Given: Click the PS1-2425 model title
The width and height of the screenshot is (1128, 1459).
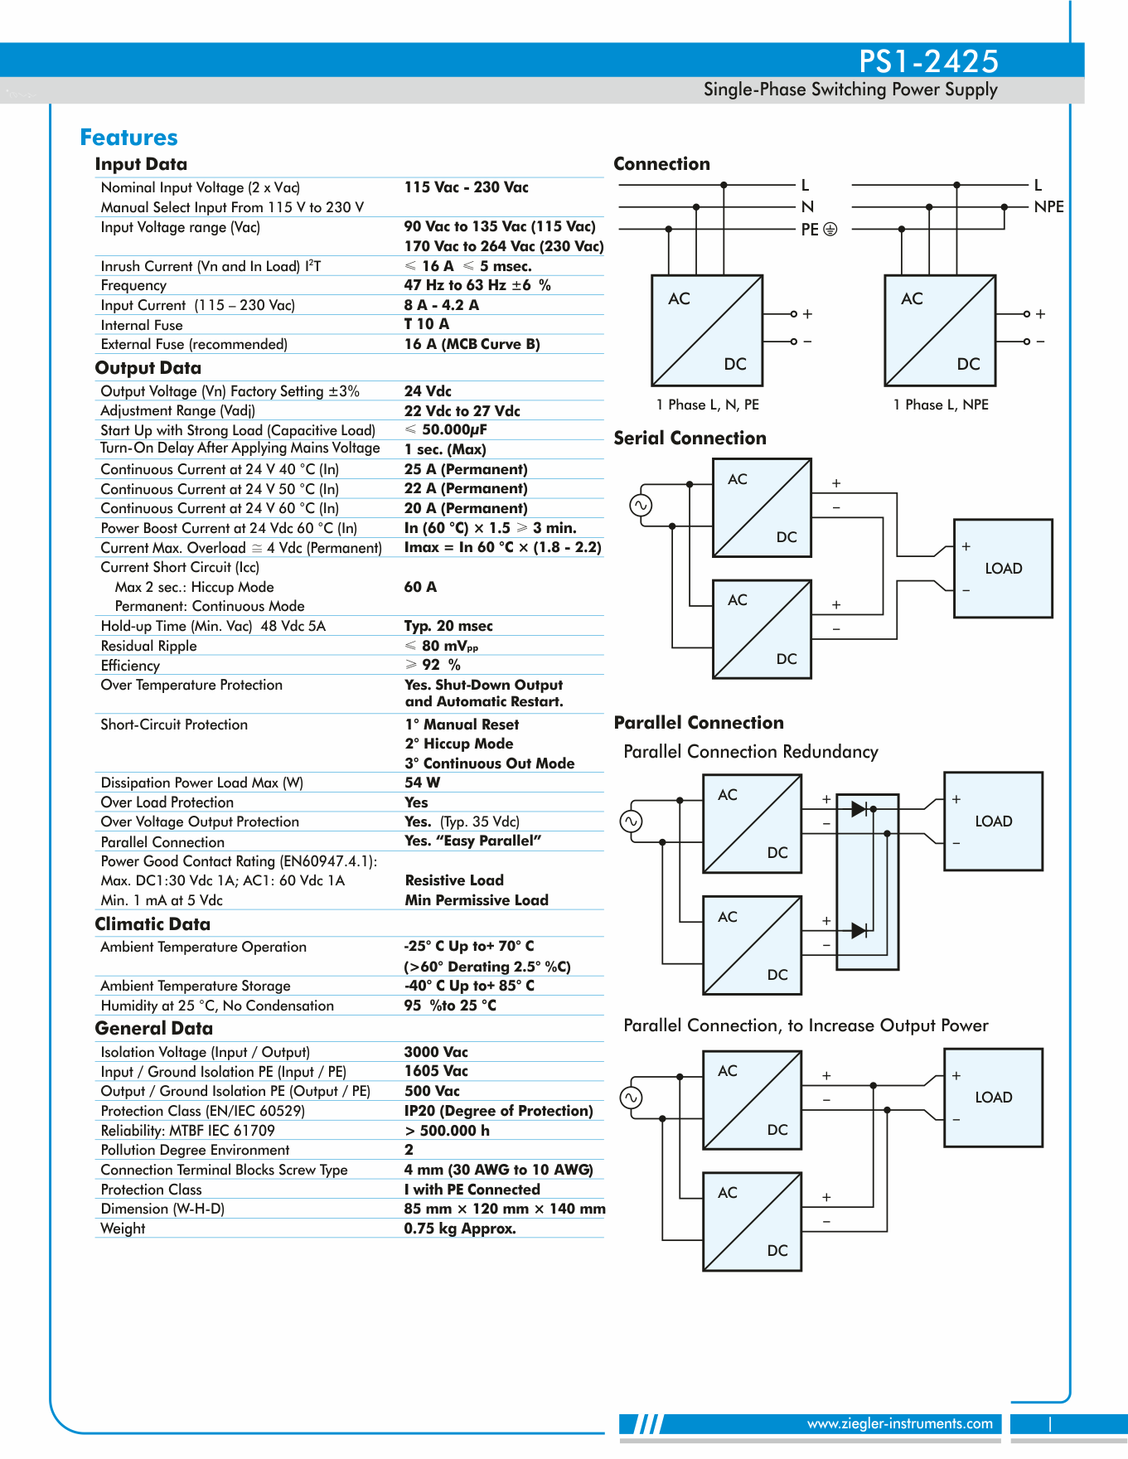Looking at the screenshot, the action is pyautogui.click(x=928, y=61).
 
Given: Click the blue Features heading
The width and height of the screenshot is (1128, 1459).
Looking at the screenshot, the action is pyautogui.click(x=128, y=138).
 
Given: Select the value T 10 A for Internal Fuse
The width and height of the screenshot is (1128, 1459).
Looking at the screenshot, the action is pyautogui.click(x=426, y=324).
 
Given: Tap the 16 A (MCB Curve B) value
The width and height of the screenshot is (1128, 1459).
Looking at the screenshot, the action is pyautogui.click(x=472, y=344).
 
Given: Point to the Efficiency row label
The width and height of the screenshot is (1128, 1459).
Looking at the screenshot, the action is pyautogui.click(x=130, y=666).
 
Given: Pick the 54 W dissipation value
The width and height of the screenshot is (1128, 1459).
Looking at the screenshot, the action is pyautogui.click(x=422, y=783).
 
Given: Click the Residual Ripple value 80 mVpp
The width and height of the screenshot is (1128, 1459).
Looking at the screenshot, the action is pyautogui.click(x=442, y=646).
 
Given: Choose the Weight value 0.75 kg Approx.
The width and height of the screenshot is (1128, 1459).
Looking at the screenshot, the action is pyautogui.click(x=460, y=1229).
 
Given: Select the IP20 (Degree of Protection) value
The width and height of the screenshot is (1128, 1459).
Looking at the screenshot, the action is pyautogui.click(x=498, y=1111).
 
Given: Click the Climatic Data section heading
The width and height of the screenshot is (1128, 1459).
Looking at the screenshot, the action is pyautogui.click(x=152, y=924).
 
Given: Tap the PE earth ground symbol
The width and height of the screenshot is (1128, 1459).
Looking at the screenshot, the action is pyautogui.click(x=830, y=229).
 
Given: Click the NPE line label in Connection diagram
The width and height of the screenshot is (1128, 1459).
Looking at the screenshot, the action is pyautogui.click(x=1048, y=206).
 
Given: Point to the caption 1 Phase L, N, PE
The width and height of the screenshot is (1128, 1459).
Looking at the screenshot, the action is pyautogui.click(x=707, y=405).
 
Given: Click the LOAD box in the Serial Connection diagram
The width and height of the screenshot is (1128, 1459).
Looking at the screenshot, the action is pyautogui.click(x=1003, y=569).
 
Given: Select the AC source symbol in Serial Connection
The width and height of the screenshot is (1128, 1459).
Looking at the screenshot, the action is pyautogui.click(x=641, y=505).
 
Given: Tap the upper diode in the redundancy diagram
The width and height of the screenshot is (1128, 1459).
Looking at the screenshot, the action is pyautogui.click(x=859, y=808).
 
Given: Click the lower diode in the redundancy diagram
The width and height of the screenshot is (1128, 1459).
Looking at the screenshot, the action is pyautogui.click(x=859, y=930).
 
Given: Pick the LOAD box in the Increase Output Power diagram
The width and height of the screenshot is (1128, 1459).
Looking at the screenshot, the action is pyautogui.click(x=993, y=1098).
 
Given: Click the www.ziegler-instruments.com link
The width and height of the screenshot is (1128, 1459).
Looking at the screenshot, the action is pyautogui.click(x=899, y=1423).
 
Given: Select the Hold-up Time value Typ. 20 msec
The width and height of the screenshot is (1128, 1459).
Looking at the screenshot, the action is pyautogui.click(x=448, y=626).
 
